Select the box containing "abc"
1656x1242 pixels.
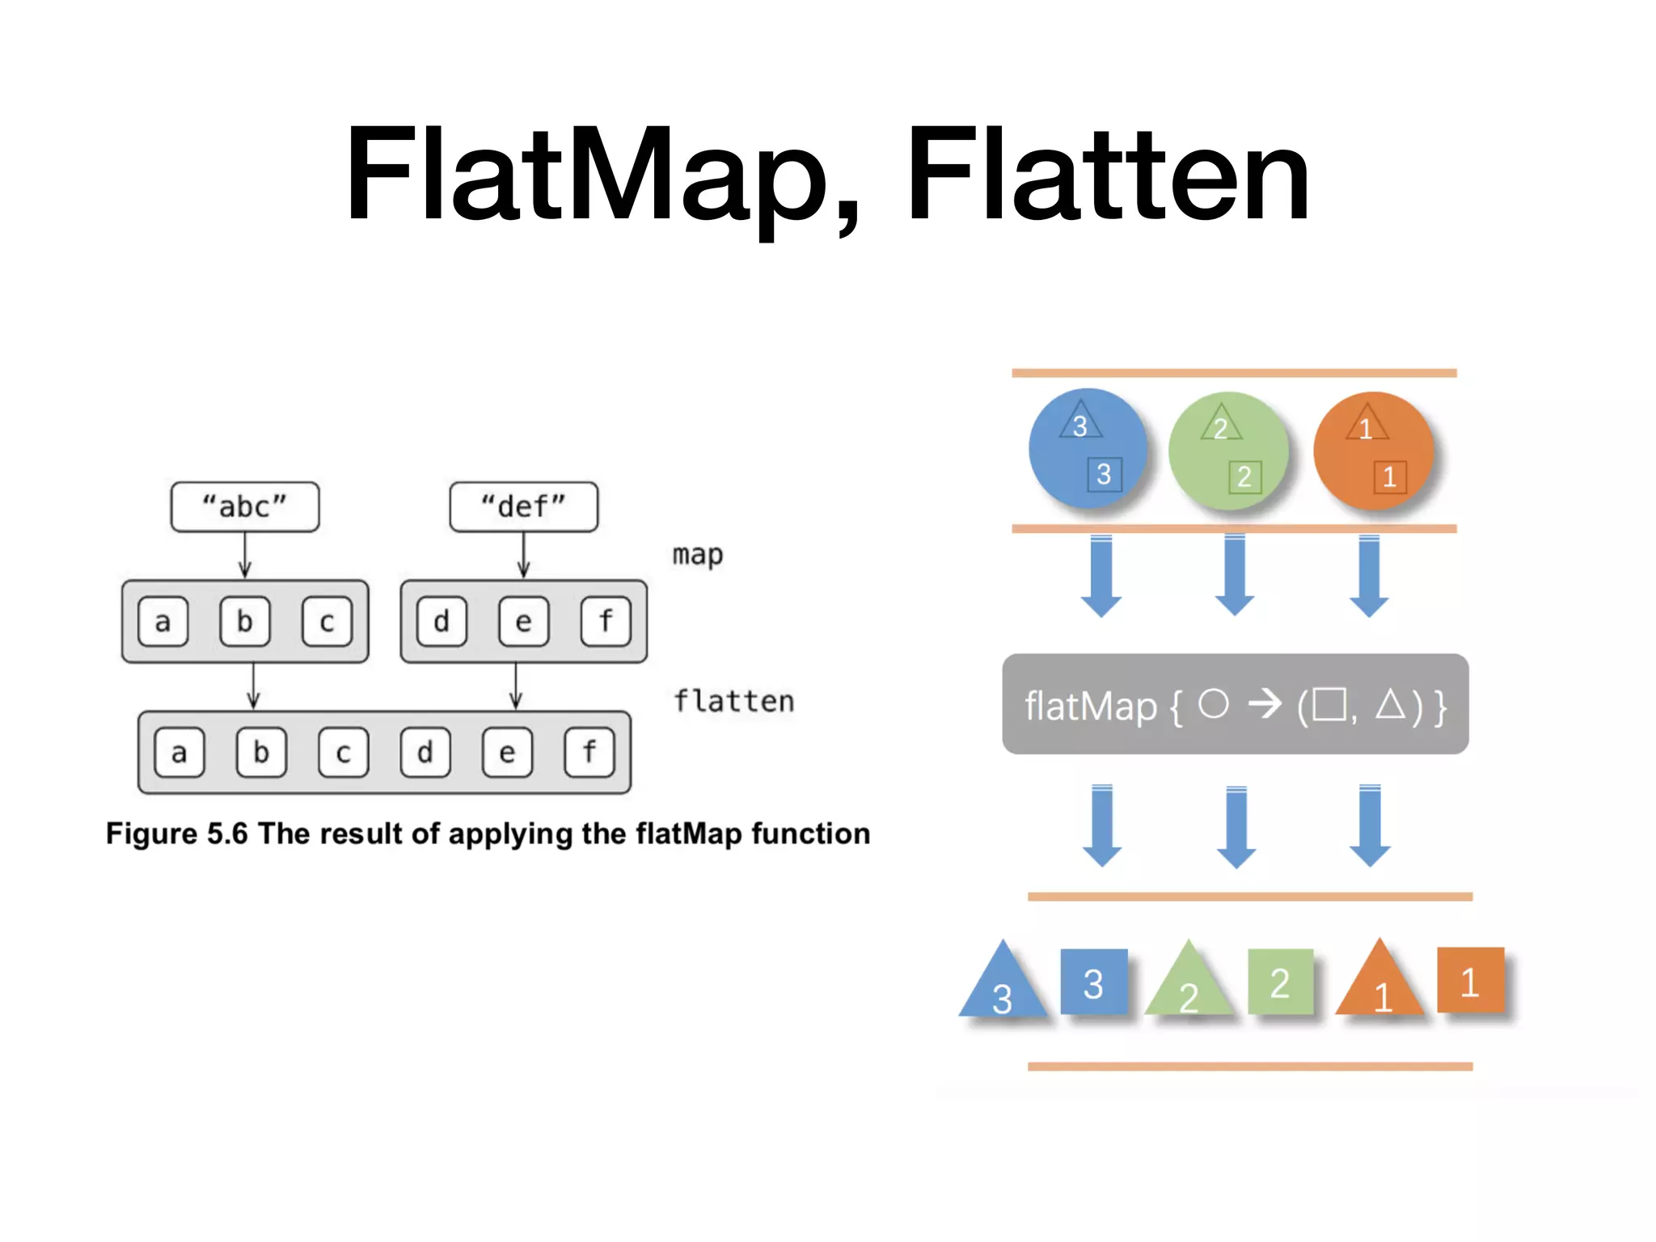tap(245, 507)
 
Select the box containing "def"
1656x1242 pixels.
tap(523, 507)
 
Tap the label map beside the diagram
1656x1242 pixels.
tap(698, 556)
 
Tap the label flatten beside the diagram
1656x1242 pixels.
tap(734, 701)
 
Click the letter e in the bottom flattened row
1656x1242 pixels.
tap(507, 753)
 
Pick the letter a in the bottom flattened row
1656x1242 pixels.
tap(180, 753)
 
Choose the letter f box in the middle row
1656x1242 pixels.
tap(606, 621)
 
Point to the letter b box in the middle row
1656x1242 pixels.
tap(244, 621)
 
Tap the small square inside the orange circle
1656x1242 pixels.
tap(1390, 476)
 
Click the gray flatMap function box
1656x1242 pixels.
tap(1235, 704)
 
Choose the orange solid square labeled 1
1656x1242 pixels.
tap(1470, 980)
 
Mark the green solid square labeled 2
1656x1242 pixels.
tap(1280, 982)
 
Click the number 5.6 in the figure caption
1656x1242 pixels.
tap(227, 834)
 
